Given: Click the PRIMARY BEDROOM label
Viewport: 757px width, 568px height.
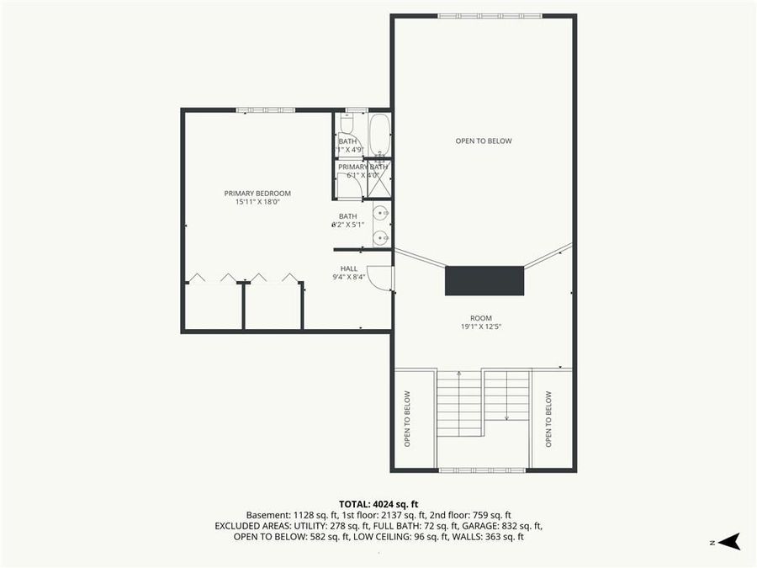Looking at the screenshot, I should [257, 194].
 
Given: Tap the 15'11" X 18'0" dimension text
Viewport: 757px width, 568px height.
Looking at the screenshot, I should [257, 202].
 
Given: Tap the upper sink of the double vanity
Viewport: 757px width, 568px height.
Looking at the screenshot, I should [379, 212].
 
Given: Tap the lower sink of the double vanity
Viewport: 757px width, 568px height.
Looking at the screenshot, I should [379, 237].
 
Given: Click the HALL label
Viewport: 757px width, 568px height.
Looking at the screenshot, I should [349, 268].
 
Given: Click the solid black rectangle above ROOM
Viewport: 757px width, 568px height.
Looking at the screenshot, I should [484, 280].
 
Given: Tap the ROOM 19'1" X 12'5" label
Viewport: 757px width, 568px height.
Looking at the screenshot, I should [481, 322].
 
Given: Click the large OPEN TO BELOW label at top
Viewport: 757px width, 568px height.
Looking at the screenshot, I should [484, 141].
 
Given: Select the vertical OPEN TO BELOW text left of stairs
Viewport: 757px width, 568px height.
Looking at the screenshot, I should [407, 418].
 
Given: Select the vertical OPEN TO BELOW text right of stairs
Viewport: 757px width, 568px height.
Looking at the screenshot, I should [548, 418].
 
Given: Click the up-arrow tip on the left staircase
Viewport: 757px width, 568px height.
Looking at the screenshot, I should [458, 373].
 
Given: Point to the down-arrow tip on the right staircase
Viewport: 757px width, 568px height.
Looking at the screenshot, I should [506, 417].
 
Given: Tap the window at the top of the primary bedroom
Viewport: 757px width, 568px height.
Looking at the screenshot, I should [265, 109].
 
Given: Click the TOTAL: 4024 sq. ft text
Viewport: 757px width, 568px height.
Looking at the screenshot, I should [378, 503].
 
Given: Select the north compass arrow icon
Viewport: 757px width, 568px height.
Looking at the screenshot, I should [730, 541].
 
